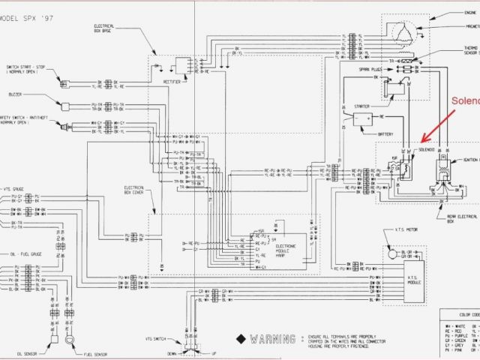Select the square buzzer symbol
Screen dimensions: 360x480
point(65,106)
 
